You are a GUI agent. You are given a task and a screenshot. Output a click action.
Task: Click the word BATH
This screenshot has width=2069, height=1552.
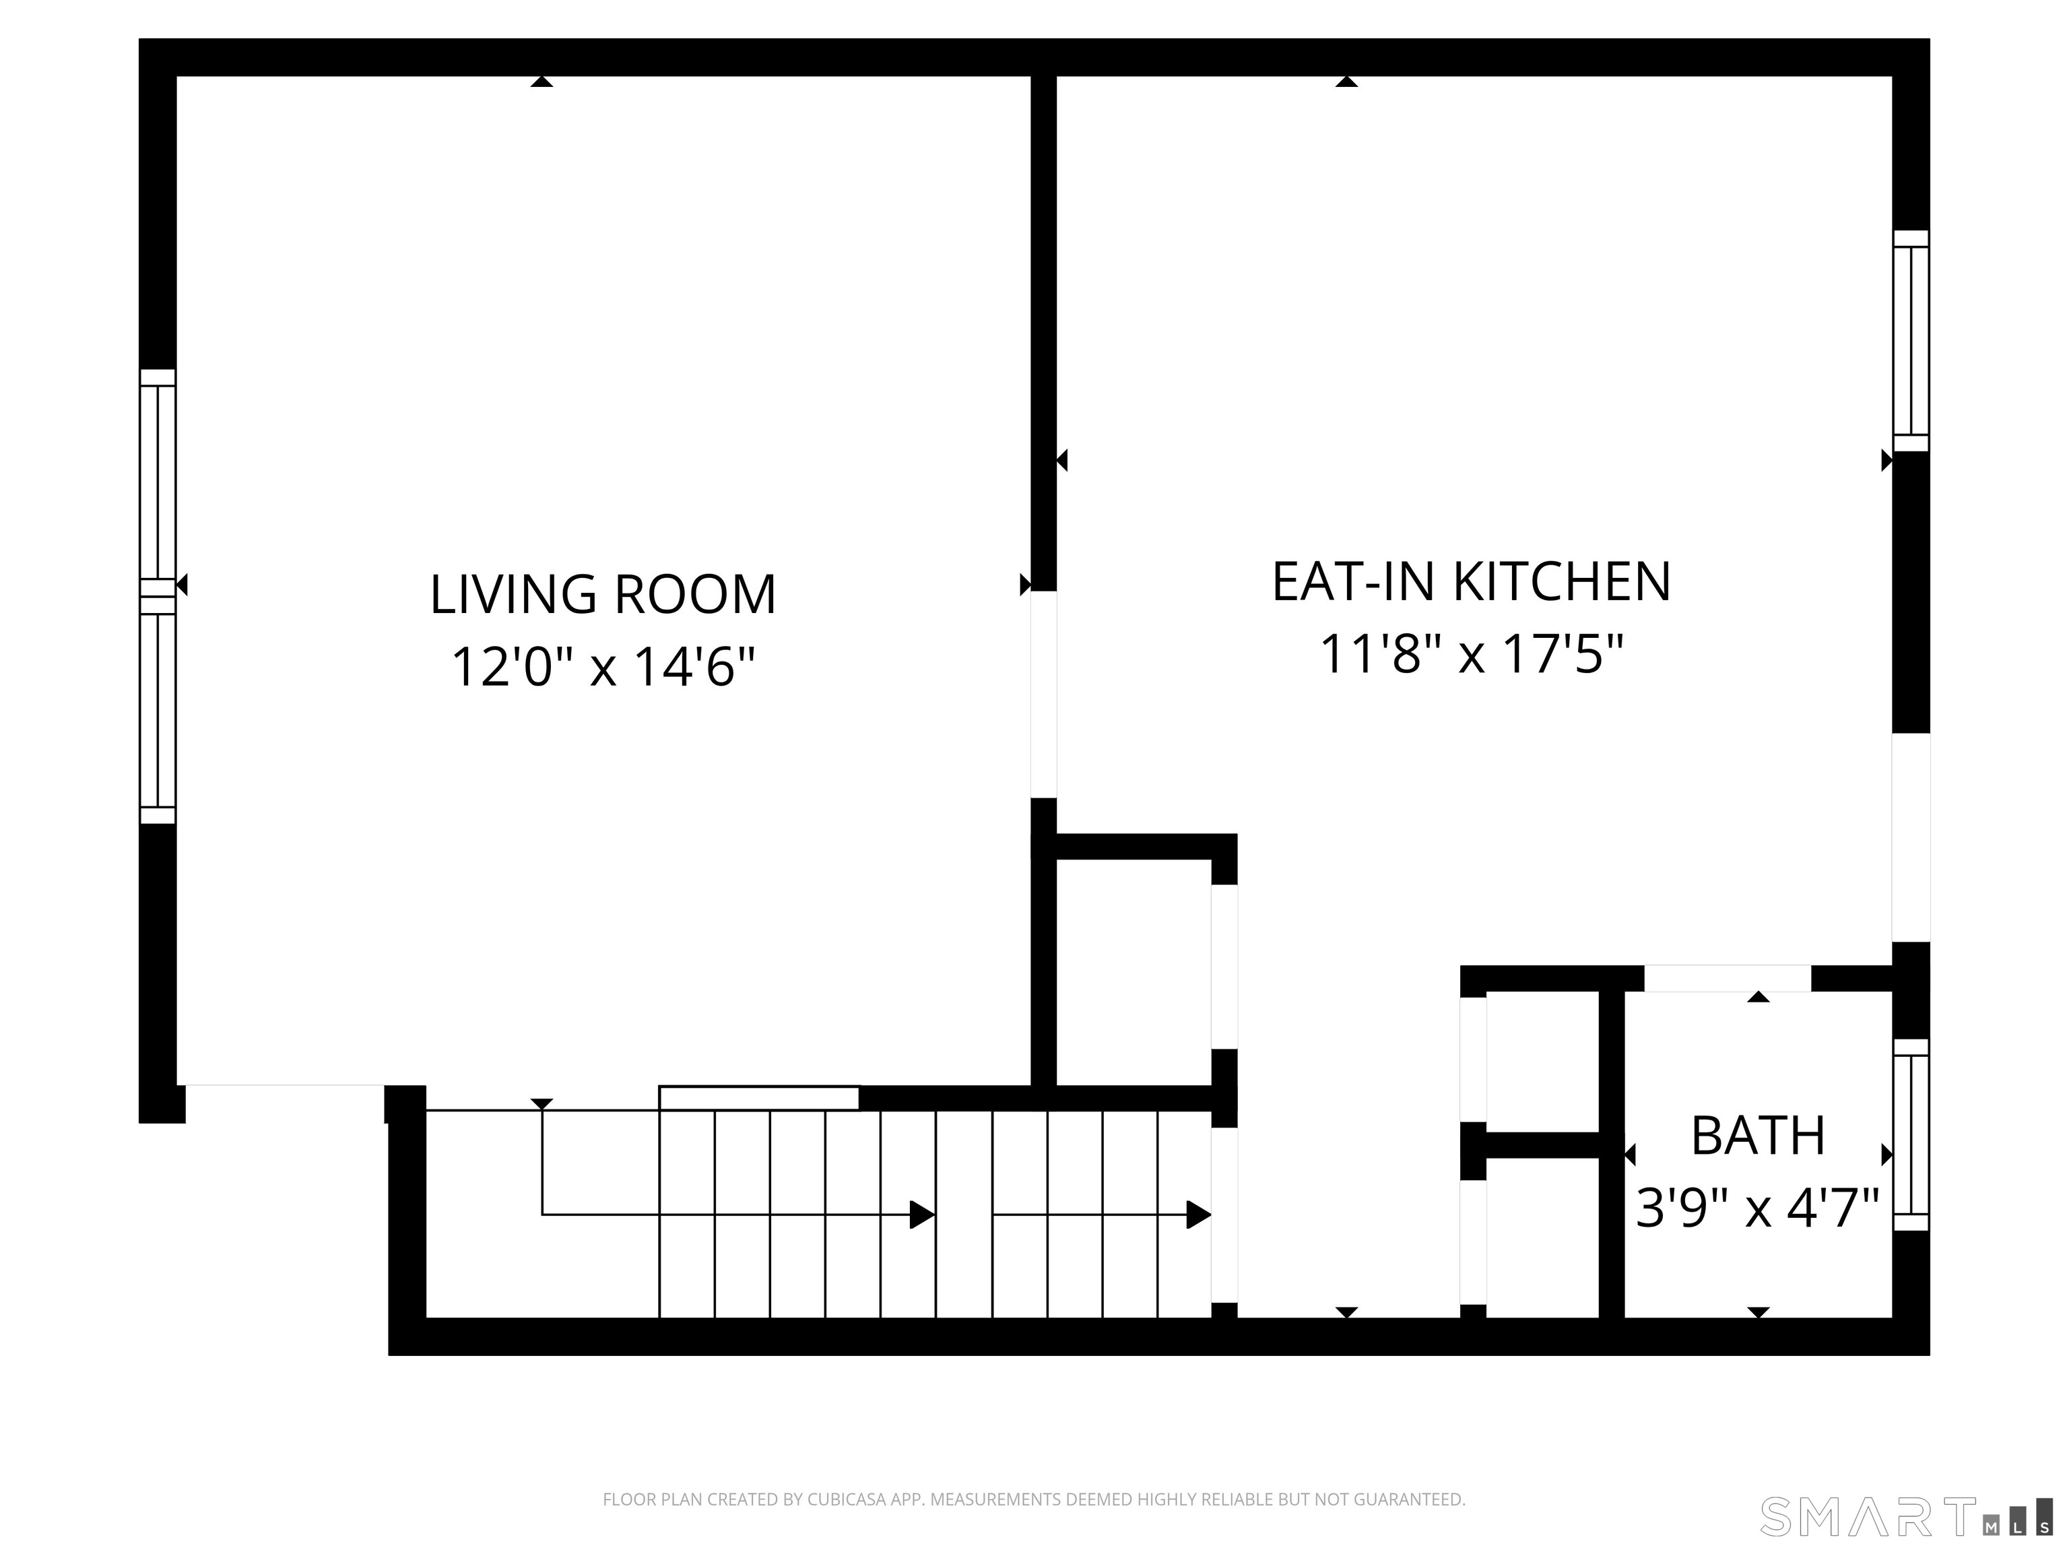click(1758, 1136)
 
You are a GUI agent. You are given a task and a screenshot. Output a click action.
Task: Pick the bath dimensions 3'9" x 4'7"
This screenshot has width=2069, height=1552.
click(1758, 1208)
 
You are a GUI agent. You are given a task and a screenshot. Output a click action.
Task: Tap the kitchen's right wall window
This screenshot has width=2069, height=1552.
click(1911, 342)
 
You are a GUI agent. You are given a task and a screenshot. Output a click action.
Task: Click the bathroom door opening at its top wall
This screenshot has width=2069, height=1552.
click(1728, 977)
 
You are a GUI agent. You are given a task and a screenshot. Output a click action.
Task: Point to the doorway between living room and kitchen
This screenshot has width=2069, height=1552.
click(1044, 694)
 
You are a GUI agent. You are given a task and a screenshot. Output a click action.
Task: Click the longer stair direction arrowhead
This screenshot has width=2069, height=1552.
click(922, 1215)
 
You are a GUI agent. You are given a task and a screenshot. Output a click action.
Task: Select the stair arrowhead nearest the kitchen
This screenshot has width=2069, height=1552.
click(1198, 1215)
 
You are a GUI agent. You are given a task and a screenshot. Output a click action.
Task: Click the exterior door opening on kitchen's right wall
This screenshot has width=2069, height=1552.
click(1911, 837)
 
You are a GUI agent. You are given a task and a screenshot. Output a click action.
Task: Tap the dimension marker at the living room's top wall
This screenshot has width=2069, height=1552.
click(541, 82)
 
